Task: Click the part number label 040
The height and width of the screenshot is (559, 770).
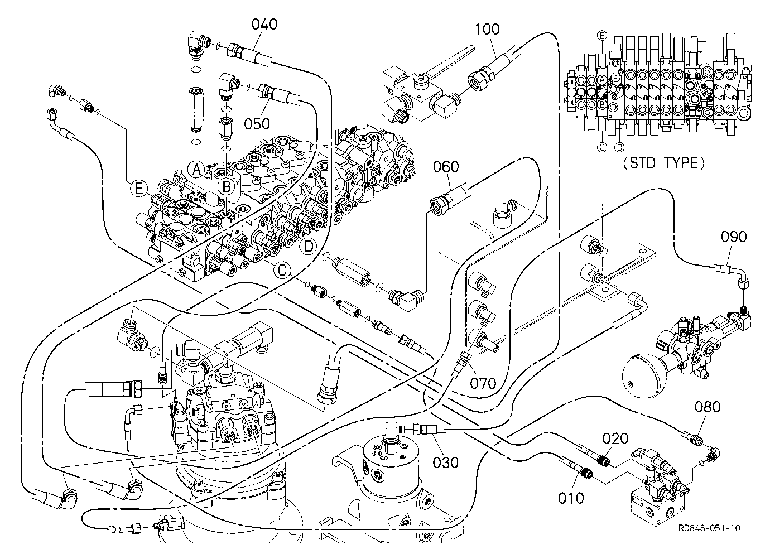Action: tap(264, 25)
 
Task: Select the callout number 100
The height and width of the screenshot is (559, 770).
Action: tap(487, 29)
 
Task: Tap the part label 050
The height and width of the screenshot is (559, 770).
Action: tap(257, 124)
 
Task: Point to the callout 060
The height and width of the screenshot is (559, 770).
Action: tap(446, 167)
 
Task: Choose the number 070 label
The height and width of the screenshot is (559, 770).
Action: tap(483, 383)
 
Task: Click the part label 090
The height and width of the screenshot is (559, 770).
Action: tap(734, 237)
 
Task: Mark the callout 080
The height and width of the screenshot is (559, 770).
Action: tap(708, 407)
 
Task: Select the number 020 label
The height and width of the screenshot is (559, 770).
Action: tap(615, 439)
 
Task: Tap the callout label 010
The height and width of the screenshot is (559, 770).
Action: tap(571, 498)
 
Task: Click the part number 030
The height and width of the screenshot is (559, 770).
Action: tap(445, 462)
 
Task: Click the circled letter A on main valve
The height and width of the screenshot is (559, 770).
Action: tap(196, 170)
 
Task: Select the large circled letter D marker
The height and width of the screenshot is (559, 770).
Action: tap(309, 246)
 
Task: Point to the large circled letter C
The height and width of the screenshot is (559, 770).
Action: tap(282, 270)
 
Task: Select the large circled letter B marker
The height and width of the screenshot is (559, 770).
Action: tap(227, 187)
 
